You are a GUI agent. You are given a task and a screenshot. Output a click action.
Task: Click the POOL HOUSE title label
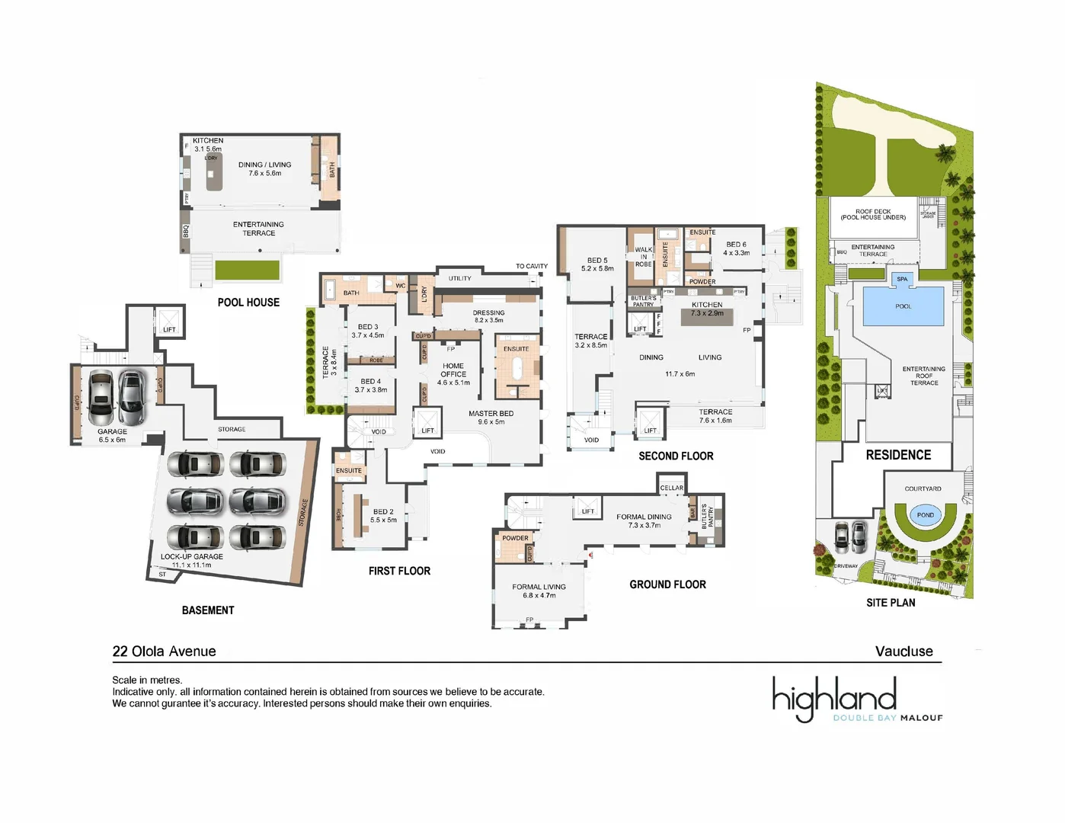tap(248, 303)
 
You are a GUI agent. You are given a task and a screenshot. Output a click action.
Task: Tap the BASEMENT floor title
tap(208, 610)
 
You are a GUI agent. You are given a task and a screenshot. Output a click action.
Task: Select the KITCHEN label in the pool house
tap(208, 141)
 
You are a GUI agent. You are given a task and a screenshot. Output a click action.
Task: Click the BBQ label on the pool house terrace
tap(185, 230)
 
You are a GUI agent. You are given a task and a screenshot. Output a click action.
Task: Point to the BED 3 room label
tap(368, 327)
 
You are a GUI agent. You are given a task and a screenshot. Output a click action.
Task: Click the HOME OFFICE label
tap(453, 370)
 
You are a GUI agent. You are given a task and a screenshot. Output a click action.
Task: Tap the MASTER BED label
tap(491, 414)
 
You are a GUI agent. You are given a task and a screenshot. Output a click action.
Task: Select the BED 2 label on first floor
tap(383, 512)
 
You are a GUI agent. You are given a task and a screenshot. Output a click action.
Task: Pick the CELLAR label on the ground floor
tap(671, 488)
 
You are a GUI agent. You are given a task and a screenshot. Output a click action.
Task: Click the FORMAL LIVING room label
tap(539, 587)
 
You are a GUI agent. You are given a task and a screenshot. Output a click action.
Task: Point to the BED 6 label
tap(736, 245)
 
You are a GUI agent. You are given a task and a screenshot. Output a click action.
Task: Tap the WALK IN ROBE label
tap(644, 257)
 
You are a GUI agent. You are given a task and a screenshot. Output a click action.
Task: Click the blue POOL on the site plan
tap(903, 306)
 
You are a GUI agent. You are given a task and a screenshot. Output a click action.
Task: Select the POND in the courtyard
tap(925, 515)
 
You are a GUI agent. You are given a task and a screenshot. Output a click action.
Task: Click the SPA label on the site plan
tap(902, 279)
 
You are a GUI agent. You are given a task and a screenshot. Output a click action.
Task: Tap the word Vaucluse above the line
tap(903, 652)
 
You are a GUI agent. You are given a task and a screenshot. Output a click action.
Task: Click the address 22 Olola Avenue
tap(164, 652)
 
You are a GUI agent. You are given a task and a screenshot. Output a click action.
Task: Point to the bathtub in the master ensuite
tap(517, 370)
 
